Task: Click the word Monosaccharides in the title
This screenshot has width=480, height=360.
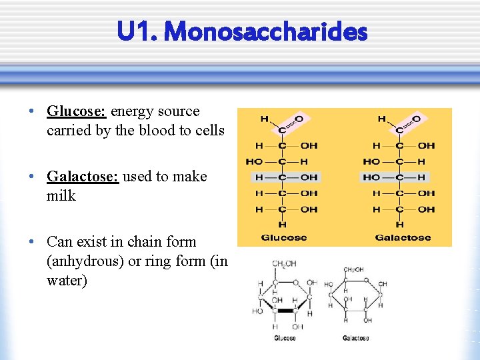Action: [265, 31]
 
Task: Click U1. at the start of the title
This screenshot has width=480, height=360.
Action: [136, 31]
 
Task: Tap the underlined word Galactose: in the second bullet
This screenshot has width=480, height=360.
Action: [83, 177]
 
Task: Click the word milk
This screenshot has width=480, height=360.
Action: [61, 196]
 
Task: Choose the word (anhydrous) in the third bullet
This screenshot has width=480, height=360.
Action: [85, 261]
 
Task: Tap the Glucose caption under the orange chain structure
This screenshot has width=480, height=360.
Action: [284, 237]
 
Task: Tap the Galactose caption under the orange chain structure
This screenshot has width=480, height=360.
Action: [402, 237]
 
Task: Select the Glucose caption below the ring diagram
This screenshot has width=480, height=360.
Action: [285, 338]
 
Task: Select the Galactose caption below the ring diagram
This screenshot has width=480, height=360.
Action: [355, 338]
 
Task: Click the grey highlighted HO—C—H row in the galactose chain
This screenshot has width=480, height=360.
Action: [395, 177]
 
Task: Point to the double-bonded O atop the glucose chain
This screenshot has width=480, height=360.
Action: [299, 119]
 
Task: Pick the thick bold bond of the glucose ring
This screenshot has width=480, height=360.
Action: [287, 311]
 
